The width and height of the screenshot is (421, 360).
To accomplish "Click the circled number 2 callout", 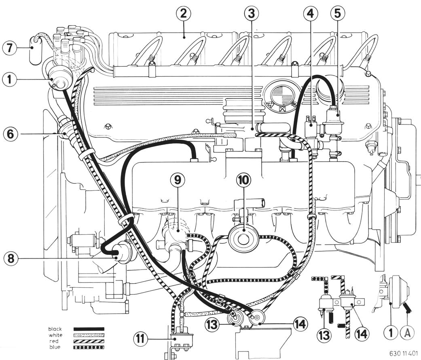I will click(184, 13).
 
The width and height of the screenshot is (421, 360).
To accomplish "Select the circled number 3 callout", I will click(252, 13).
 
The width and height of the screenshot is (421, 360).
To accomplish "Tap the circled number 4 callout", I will click(310, 13).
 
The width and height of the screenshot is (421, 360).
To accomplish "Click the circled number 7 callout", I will click(9, 48).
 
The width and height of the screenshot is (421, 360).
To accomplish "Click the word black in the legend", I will click(55, 329).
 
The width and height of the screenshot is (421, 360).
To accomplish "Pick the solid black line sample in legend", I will click(89, 329).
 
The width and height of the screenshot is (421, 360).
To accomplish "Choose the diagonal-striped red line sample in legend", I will click(89, 341).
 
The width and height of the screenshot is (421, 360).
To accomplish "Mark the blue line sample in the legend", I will click(89, 347).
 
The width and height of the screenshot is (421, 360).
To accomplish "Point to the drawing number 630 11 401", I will click(404, 352).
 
